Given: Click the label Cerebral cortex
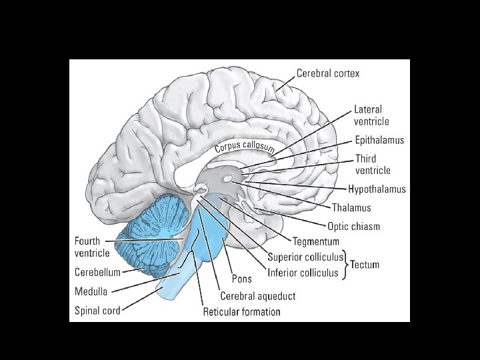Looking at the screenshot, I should (x=327, y=73).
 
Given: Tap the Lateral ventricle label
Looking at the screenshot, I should (x=371, y=115).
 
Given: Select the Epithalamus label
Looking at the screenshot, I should (x=379, y=141).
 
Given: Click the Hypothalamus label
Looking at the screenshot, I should (x=377, y=189).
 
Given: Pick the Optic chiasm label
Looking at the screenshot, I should (x=353, y=226).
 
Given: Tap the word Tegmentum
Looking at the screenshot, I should (x=316, y=241).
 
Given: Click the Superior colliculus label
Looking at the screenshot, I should (x=305, y=257).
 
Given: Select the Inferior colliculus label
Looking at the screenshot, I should (x=303, y=273).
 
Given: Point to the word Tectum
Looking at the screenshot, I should (x=365, y=265).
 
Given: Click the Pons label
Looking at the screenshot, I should (x=242, y=279).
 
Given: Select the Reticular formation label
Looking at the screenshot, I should (x=242, y=311).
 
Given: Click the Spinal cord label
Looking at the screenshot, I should (x=97, y=310).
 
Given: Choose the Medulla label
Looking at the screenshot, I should (x=91, y=291).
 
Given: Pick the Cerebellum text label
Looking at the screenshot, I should (x=97, y=272).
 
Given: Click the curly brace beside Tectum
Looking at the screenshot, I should (x=346, y=265).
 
